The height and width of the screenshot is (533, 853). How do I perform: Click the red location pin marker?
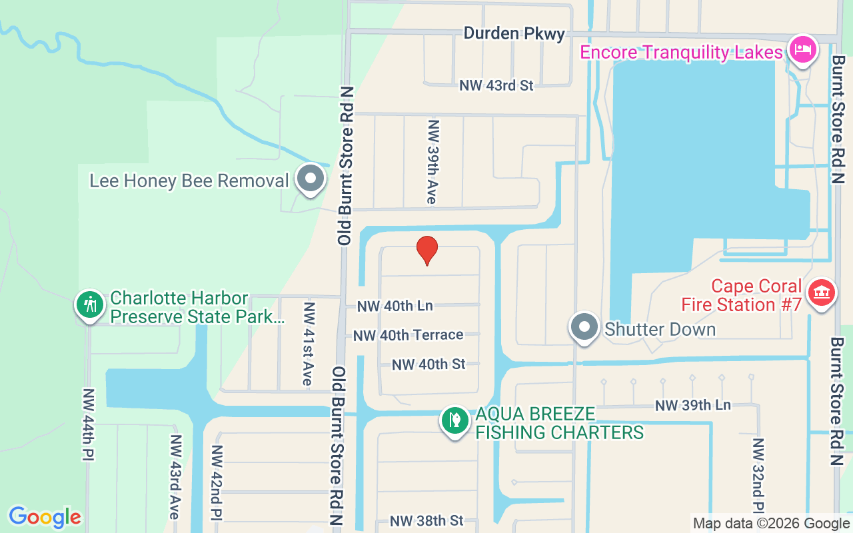tap(427, 250)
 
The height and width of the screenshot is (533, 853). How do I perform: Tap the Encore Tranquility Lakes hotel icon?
tap(803, 50)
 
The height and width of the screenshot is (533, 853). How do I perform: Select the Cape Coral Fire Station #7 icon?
tap(822, 294)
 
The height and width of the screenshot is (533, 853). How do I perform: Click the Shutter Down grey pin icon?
tap(584, 327)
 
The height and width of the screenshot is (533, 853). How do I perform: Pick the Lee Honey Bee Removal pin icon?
tap(310, 179)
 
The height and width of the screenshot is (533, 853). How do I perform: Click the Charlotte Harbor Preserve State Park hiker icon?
tap(89, 305)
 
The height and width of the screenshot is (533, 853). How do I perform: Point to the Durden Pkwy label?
tap(514, 33)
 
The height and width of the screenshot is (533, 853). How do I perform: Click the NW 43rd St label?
tap(496, 85)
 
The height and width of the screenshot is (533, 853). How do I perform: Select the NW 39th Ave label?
tap(434, 162)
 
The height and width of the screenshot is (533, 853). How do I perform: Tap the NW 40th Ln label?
tap(395, 306)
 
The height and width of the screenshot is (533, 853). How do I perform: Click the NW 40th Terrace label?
tap(408, 334)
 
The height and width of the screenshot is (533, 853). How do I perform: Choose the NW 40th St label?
tap(428, 364)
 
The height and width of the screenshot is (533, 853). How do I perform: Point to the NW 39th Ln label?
tap(692, 405)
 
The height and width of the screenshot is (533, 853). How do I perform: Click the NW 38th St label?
tap(426, 520)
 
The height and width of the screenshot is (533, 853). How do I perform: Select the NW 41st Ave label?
tap(308, 344)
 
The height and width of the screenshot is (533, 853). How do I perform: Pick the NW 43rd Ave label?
tap(175, 476)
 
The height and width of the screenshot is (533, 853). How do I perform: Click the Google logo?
tap(45, 517)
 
